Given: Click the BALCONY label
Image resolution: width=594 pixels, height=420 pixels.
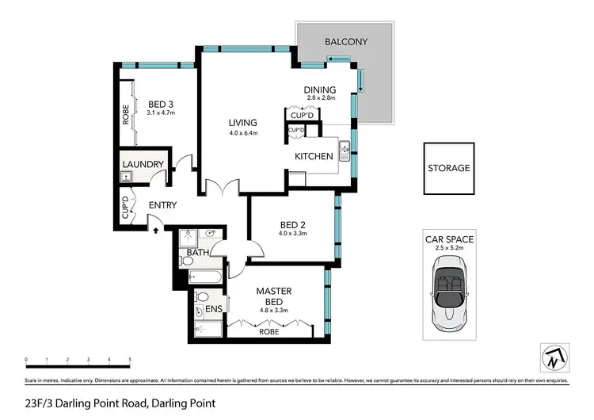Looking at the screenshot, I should click(x=345, y=41).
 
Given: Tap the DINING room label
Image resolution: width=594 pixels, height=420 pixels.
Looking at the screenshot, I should click(x=321, y=90).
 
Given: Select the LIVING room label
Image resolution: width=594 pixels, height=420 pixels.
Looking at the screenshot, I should click(x=243, y=123).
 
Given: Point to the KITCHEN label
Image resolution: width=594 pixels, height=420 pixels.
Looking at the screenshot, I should click(x=314, y=156).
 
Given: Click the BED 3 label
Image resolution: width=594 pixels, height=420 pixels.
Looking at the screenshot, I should click(x=161, y=103).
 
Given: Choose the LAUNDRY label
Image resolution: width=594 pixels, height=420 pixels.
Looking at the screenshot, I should click(x=143, y=165).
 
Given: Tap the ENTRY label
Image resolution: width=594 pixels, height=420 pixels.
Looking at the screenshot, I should click(x=162, y=205).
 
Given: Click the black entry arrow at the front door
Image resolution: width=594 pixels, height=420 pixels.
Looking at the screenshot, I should click(x=155, y=230).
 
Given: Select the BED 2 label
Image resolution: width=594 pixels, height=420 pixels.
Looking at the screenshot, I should click(x=292, y=224).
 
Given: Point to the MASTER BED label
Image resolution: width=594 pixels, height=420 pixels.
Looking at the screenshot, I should click(x=275, y=296).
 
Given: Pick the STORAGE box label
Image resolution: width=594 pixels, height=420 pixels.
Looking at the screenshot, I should click(x=448, y=168).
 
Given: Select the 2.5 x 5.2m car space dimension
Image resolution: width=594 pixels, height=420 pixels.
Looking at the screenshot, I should click(x=448, y=248).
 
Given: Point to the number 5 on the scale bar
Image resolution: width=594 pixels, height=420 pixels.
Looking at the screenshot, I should click(x=130, y=361).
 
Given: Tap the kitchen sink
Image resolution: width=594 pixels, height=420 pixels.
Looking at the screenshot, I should click(x=345, y=150).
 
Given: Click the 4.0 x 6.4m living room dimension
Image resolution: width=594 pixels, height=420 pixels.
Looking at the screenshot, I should click(x=243, y=133).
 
